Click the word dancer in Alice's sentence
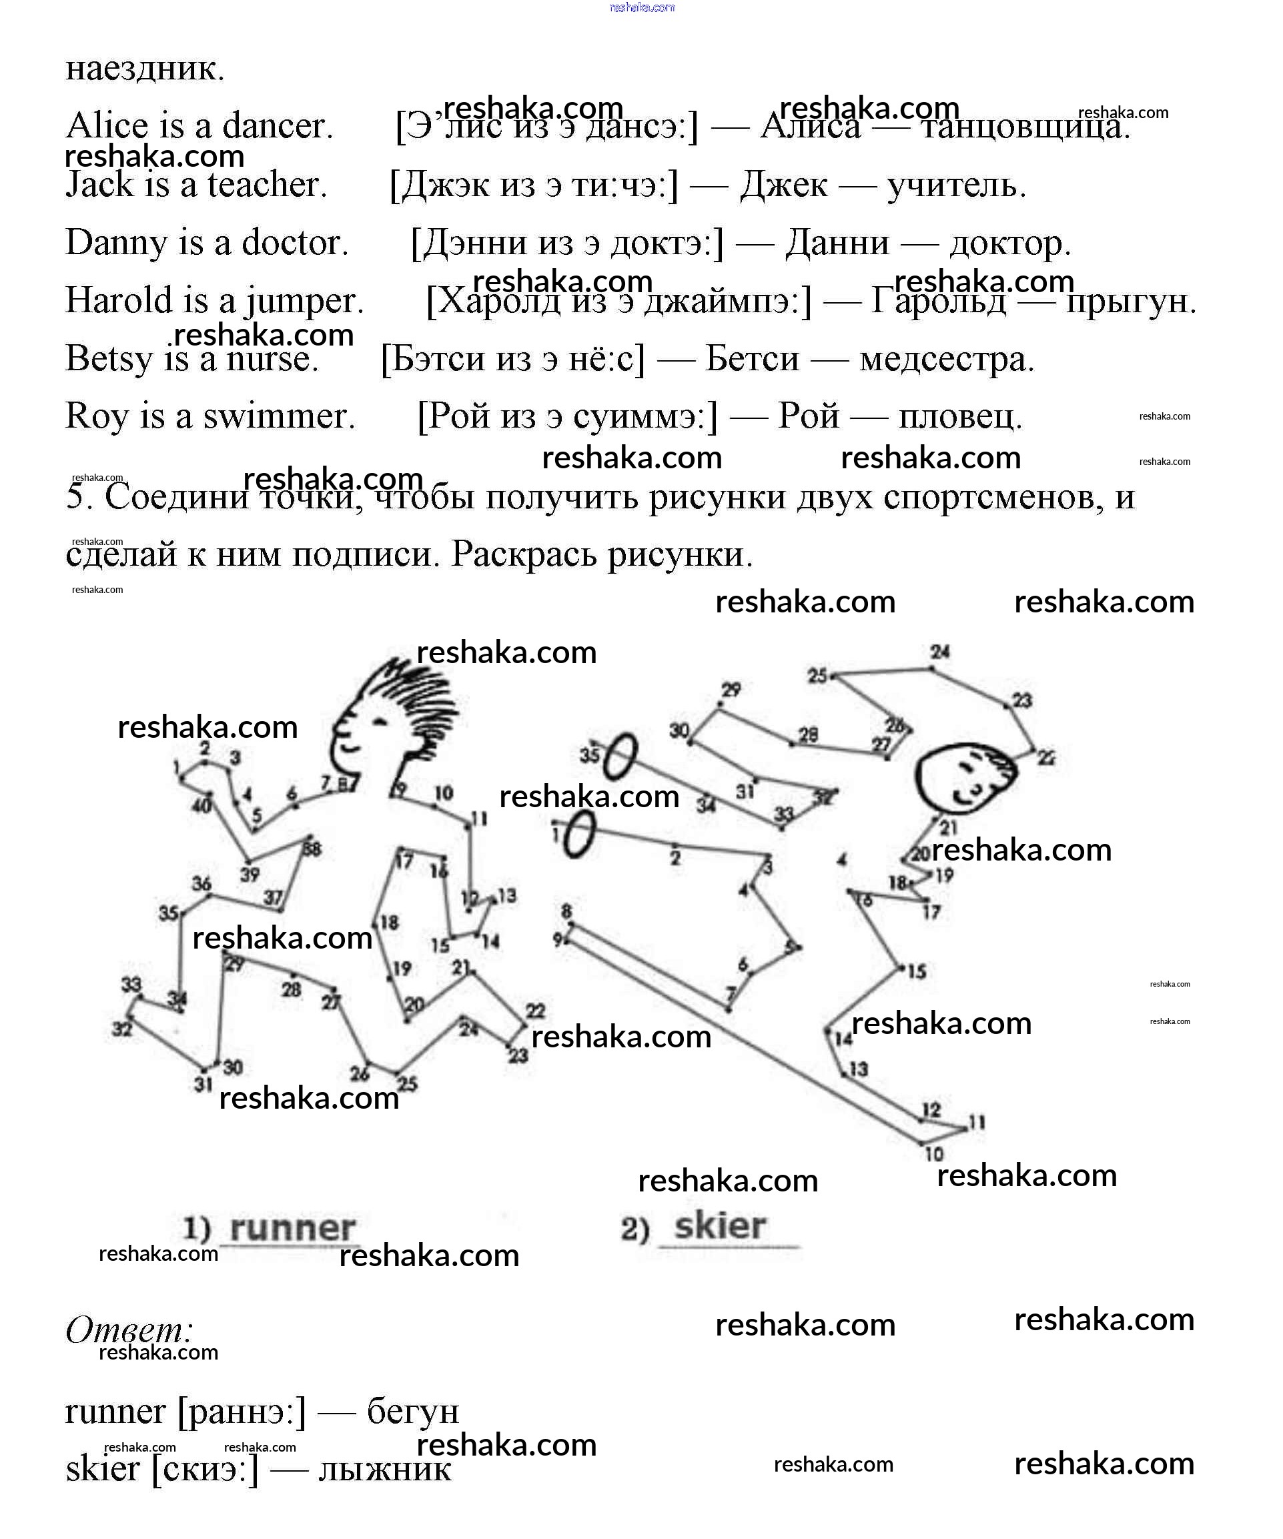click(x=276, y=125)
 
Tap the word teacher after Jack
click(x=266, y=184)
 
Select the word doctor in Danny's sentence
click(x=294, y=243)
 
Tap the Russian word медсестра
click(x=947, y=359)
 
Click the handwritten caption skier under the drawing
click(x=720, y=1226)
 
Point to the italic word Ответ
click(x=129, y=1330)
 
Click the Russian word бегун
click(x=413, y=1411)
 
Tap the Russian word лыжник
click(x=384, y=1470)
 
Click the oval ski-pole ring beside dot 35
click(x=620, y=756)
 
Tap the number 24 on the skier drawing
click(x=940, y=652)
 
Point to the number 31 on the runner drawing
click(x=203, y=1084)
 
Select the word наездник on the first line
click(x=144, y=68)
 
